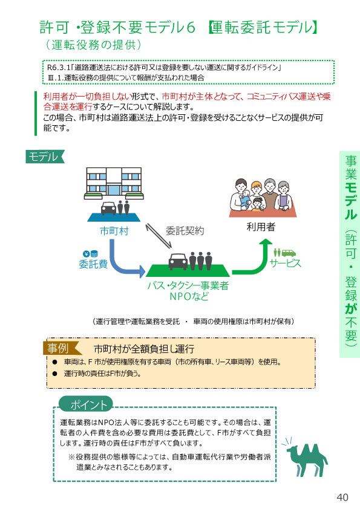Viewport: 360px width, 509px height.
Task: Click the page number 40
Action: (342, 497)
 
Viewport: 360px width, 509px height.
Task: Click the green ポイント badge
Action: (86, 404)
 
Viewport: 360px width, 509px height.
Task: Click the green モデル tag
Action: (45, 157)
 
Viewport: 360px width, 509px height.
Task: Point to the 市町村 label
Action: (114, 231)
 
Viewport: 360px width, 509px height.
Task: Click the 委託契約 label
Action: (185, 231)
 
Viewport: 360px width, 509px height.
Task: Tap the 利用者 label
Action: (261, 227)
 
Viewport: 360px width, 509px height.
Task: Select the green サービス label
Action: (286, 263)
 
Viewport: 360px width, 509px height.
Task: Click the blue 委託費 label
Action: (93, 264)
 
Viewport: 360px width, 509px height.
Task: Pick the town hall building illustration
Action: (114, 183)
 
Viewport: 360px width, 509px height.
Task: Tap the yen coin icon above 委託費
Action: (87, 254)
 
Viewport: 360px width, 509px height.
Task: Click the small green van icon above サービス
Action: (288, 253)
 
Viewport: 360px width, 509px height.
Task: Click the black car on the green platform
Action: (178, 261)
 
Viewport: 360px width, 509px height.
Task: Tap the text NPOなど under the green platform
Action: (189, 296)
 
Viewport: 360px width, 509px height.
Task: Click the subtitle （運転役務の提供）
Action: (94, 45)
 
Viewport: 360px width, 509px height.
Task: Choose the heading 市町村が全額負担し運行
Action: (144, 349)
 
